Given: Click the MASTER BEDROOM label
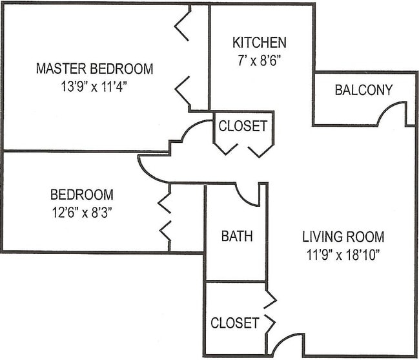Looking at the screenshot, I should pyautogui.click(x=94, y=69).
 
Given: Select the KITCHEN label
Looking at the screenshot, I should pyautogui.click(x=260, y=43).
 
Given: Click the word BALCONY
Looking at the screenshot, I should pyautogui.click(x=363, y=90).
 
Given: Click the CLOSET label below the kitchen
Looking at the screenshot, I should pyautogui.click(x=242, y=126).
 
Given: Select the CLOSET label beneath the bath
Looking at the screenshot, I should pyautogui.click(x=234, y=323).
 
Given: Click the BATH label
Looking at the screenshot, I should pyautogui.click(x=237, y=236).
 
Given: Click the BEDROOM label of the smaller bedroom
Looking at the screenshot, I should pyautogui.click(x=82, y=195).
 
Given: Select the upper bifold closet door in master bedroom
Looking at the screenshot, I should pyautogui.click(x=182, y=24).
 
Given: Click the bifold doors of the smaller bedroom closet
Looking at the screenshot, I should pyautogui.click(x=164, y=217).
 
